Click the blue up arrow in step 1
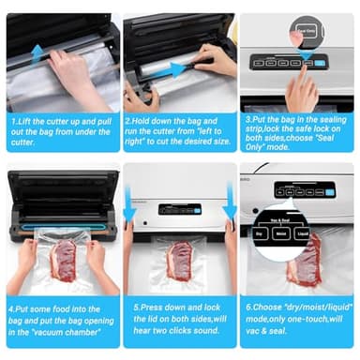37,52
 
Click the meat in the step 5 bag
181,260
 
